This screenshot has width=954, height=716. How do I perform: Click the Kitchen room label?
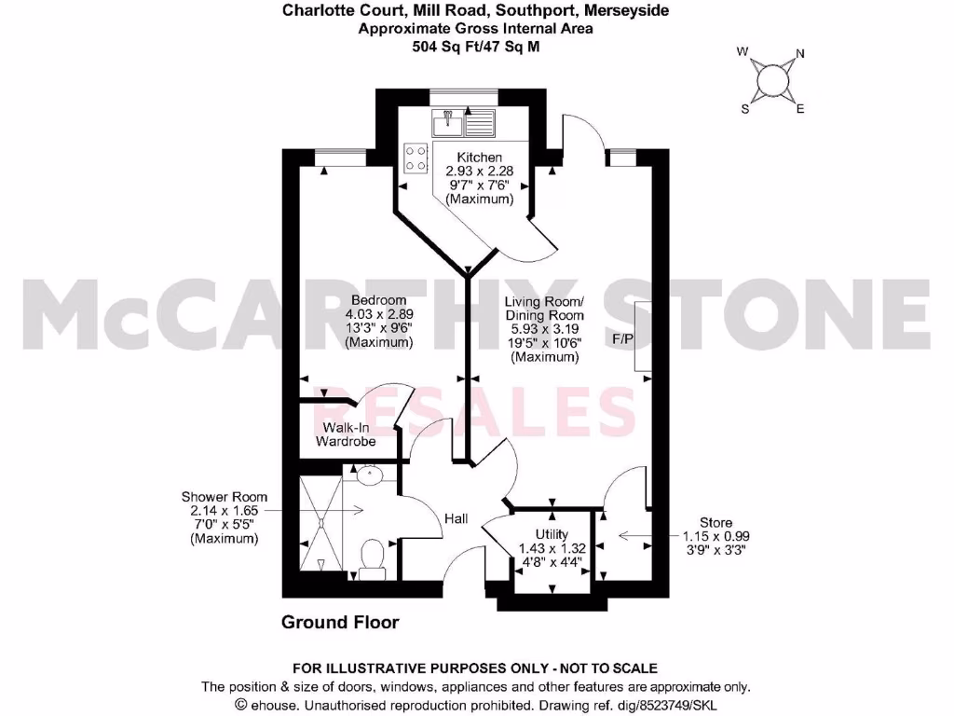(x=480, y=158)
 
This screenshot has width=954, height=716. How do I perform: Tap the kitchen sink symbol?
(x=448, y=121)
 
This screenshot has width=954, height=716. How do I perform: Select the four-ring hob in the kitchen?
(x=416, y=158)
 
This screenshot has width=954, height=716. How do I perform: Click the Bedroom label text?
(x=378, y=300)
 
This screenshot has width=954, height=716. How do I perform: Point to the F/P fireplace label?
(x=623, y=339)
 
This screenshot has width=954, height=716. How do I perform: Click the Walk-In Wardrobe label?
(x=346, y=434)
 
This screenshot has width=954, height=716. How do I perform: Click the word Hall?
(x=456, y=519)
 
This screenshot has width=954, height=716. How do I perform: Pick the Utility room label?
(x=551, y=534)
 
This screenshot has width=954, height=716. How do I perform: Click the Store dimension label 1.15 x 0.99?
(x=716, y=536)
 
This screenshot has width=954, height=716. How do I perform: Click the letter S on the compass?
(x=744, y=108)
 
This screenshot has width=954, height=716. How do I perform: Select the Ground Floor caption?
(x=340, y=622)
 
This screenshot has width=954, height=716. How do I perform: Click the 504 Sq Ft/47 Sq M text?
(x=476, y=45)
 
